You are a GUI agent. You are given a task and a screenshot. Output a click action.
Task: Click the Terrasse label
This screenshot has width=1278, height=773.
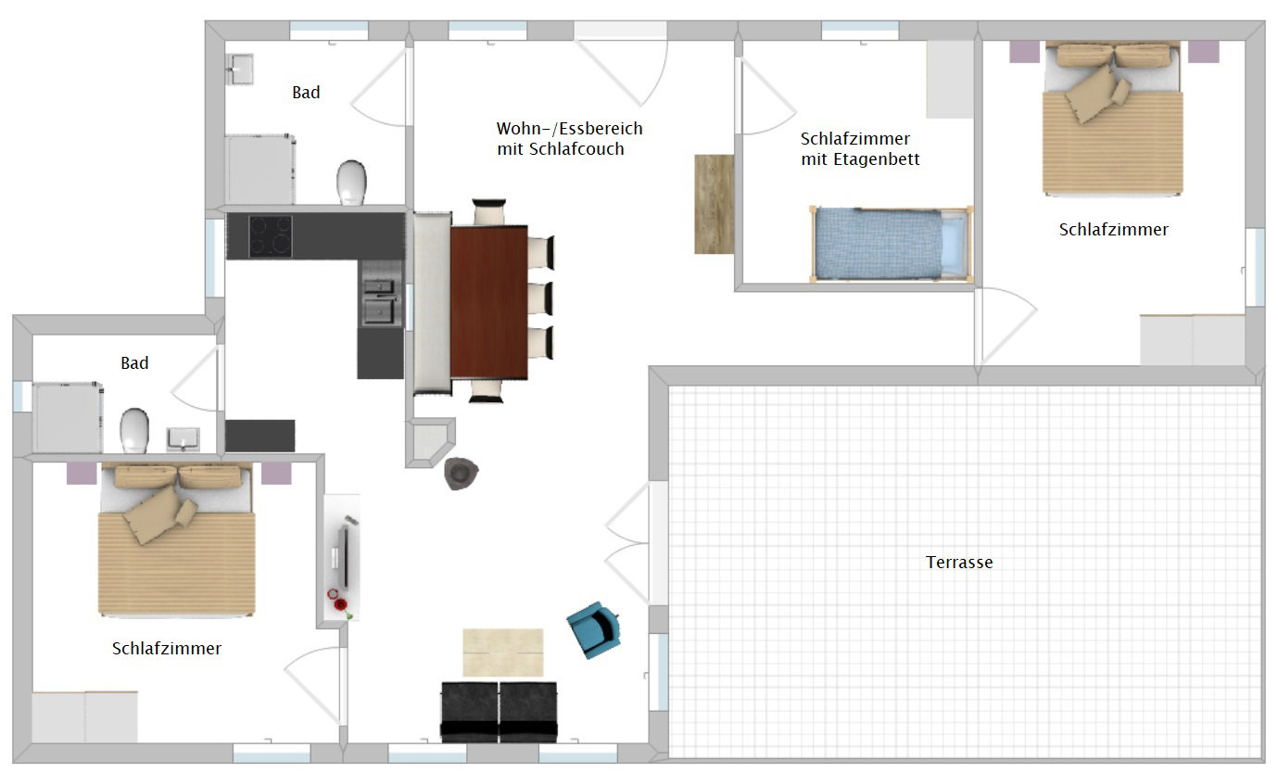point(958,563)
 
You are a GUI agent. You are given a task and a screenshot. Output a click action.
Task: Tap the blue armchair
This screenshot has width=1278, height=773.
point(593,630)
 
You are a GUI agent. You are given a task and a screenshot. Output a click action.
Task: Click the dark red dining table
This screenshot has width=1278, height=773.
point(489,302)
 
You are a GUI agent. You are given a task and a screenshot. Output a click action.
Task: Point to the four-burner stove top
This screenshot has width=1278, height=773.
point(271,236)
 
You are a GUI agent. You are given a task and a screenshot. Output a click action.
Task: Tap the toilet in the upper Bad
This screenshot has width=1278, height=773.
point(351,183)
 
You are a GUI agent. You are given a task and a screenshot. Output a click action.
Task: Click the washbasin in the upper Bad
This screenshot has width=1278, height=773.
point(239,69)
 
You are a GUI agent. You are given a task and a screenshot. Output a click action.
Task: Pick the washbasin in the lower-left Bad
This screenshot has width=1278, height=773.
point(183,439)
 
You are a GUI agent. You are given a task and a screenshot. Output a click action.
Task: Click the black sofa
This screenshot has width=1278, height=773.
point(500,713)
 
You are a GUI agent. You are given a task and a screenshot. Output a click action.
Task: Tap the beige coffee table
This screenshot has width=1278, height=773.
point(502,653)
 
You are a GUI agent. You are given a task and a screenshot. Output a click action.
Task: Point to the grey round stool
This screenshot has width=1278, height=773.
point(461,473)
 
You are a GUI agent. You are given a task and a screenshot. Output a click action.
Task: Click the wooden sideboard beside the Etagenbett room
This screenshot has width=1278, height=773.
point(714,204)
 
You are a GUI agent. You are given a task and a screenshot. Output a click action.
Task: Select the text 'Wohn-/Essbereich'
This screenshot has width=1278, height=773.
point(569,129)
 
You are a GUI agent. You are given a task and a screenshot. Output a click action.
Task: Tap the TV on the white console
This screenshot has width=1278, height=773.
point(344,556)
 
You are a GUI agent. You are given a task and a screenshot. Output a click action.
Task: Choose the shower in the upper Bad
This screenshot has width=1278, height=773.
point(260,170)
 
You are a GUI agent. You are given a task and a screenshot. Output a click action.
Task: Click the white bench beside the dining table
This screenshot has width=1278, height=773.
point(433,303)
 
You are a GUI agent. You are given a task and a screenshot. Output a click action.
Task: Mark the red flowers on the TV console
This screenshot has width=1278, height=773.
point(337,601)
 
